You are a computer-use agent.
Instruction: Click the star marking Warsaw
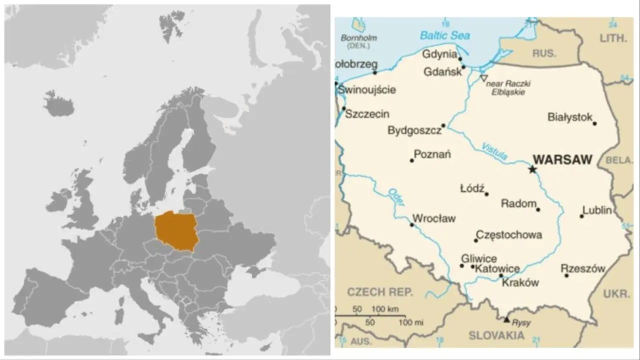coord(532,169)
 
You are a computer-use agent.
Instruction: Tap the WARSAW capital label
coord(562,160)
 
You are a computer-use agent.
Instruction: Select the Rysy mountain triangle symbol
coord(506,319)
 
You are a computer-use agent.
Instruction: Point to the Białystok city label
coord(570,117)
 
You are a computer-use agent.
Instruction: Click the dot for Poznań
coord(412,160)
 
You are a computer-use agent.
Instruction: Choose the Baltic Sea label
coord(444,35)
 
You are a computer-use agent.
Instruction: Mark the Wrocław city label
coord(433,218)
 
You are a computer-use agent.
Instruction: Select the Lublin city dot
coord(581,216)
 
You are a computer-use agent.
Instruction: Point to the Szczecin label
coord(367,114)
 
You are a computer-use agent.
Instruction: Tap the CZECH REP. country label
coord(380,292)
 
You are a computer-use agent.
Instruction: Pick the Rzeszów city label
coord(582,268)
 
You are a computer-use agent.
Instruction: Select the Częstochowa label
coord(508,234)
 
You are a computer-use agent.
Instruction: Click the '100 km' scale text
coord(385,309)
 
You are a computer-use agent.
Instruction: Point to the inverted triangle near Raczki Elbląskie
coord(483,78)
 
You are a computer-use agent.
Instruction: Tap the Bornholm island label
coord(358,38)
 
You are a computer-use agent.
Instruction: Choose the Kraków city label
coord(520,282)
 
